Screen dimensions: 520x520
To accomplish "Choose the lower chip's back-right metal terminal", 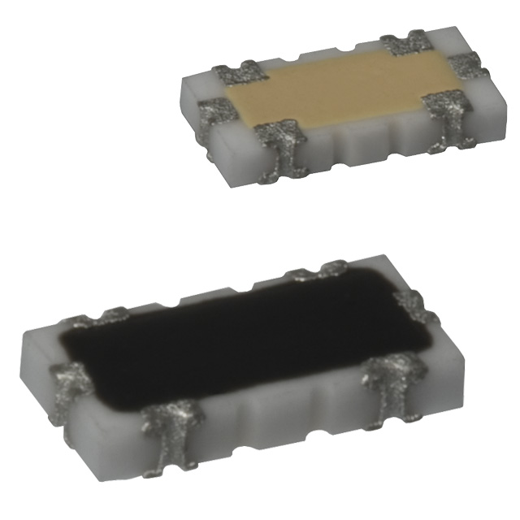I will [x=329, y=270].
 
